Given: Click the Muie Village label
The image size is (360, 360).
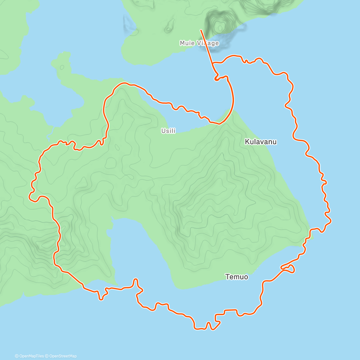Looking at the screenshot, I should (x=199, y=43).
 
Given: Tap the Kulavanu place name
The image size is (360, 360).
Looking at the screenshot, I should (x=260, y=142).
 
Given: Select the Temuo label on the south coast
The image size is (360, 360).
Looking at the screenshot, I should (x=237, y=277).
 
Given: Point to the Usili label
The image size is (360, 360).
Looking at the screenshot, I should (x=168, y=131).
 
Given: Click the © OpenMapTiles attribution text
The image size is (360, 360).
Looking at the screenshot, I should (x=29, y=356).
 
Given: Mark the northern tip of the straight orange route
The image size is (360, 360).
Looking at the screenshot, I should (x=201, y=30).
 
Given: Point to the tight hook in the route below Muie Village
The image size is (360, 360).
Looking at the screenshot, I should (x=216, y=79).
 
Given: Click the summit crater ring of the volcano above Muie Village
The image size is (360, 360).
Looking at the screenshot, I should (x=220, y=28).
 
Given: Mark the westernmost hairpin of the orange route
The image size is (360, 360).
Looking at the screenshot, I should (x=30, y=196).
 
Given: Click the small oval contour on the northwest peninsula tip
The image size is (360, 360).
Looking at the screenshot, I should (x=62, y=67).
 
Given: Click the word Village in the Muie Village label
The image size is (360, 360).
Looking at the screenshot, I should (x=208, y=43).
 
